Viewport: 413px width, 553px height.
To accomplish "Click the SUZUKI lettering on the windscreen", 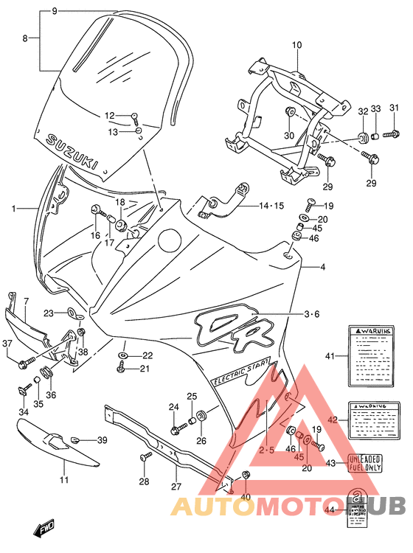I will [72, 153].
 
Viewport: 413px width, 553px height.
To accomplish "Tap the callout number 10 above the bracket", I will [296, 45].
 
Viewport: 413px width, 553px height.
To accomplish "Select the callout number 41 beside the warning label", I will [330, 356].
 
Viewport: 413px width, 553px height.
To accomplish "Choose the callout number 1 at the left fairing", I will [13, 209].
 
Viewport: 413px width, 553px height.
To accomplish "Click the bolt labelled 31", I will [390, 134].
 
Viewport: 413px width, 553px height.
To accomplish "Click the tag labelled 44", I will [358, 509].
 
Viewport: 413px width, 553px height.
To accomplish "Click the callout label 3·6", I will [313, 315].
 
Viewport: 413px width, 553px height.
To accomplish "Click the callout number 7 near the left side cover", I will [25, 302].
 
